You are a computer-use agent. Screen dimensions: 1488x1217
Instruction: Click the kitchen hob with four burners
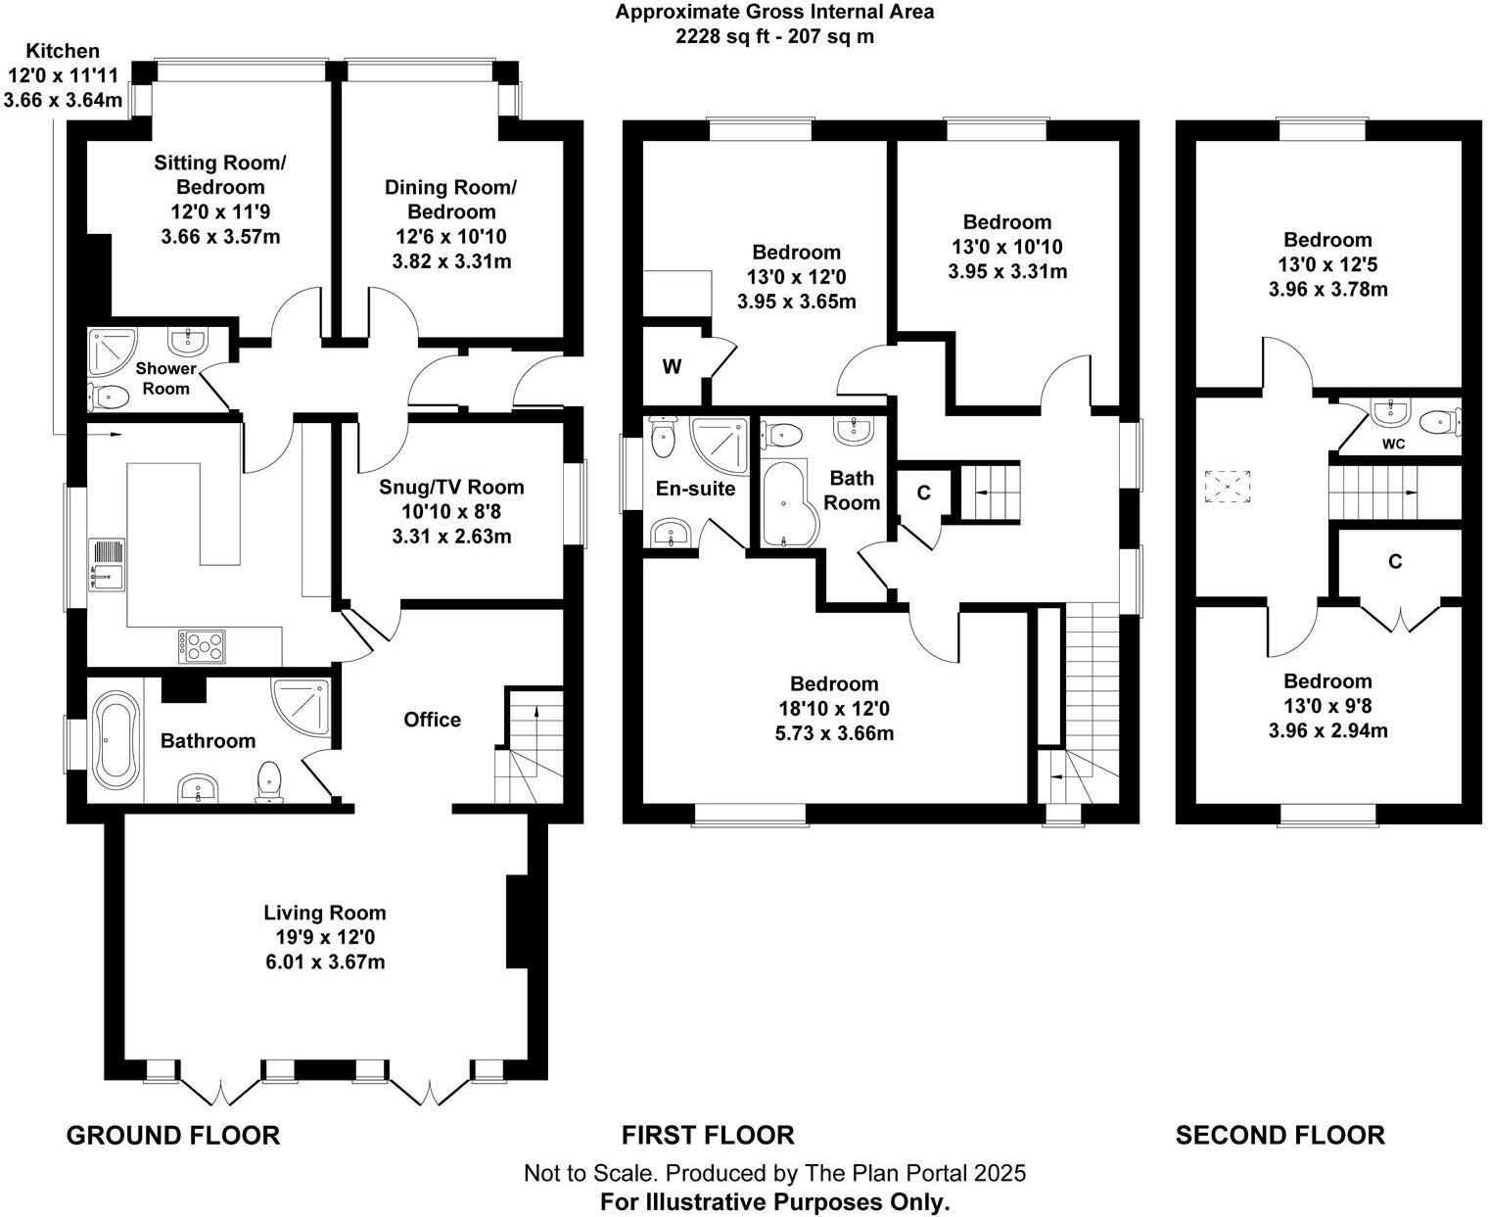pyautogui.click(x=203, y=646)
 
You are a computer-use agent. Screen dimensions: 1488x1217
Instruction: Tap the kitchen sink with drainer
pyautogui.click(x=108, y=564)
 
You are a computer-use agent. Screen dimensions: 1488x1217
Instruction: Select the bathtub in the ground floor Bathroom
pyautogui.click(x=116, y=740)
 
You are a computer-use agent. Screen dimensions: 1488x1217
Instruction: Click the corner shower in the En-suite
pyautogui.click(x=719, y=445)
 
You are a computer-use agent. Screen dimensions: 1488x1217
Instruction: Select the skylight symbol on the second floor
pyautogui.click(x=1228, y=486)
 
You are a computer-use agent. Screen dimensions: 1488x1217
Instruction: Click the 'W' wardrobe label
pyautogui.click(x=672, y=367)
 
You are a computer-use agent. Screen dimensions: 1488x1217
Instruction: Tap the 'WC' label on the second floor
pyautogui.click(x=1393, y=444)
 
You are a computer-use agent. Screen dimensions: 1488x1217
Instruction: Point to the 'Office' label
pyautogui.click(x=432, y=720)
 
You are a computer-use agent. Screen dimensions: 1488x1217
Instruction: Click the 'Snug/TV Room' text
pyautogui.click(x=451, y=487)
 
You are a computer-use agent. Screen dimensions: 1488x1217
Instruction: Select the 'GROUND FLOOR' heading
pyautogui.click(x=173, y=1135)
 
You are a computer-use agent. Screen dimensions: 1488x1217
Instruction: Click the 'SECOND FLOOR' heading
pyautogui.click(x=1279, y=1135)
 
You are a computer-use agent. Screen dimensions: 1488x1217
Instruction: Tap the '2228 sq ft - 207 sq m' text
pyautogui.click(x=774, y=36)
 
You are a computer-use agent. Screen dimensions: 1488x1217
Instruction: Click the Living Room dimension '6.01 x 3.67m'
pyautogui.click(x=325, y=961)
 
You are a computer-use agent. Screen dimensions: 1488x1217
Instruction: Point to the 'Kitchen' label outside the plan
pyautogui.click(x=63, y=51)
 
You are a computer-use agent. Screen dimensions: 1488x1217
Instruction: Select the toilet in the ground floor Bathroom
pyautogui.click(x=269, y=781)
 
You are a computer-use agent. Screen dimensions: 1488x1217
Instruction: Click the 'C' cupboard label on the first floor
pyautogui.click(x=924, y=492)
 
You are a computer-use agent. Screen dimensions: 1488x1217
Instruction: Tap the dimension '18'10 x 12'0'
pyautogui.click(x=834, y=708)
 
